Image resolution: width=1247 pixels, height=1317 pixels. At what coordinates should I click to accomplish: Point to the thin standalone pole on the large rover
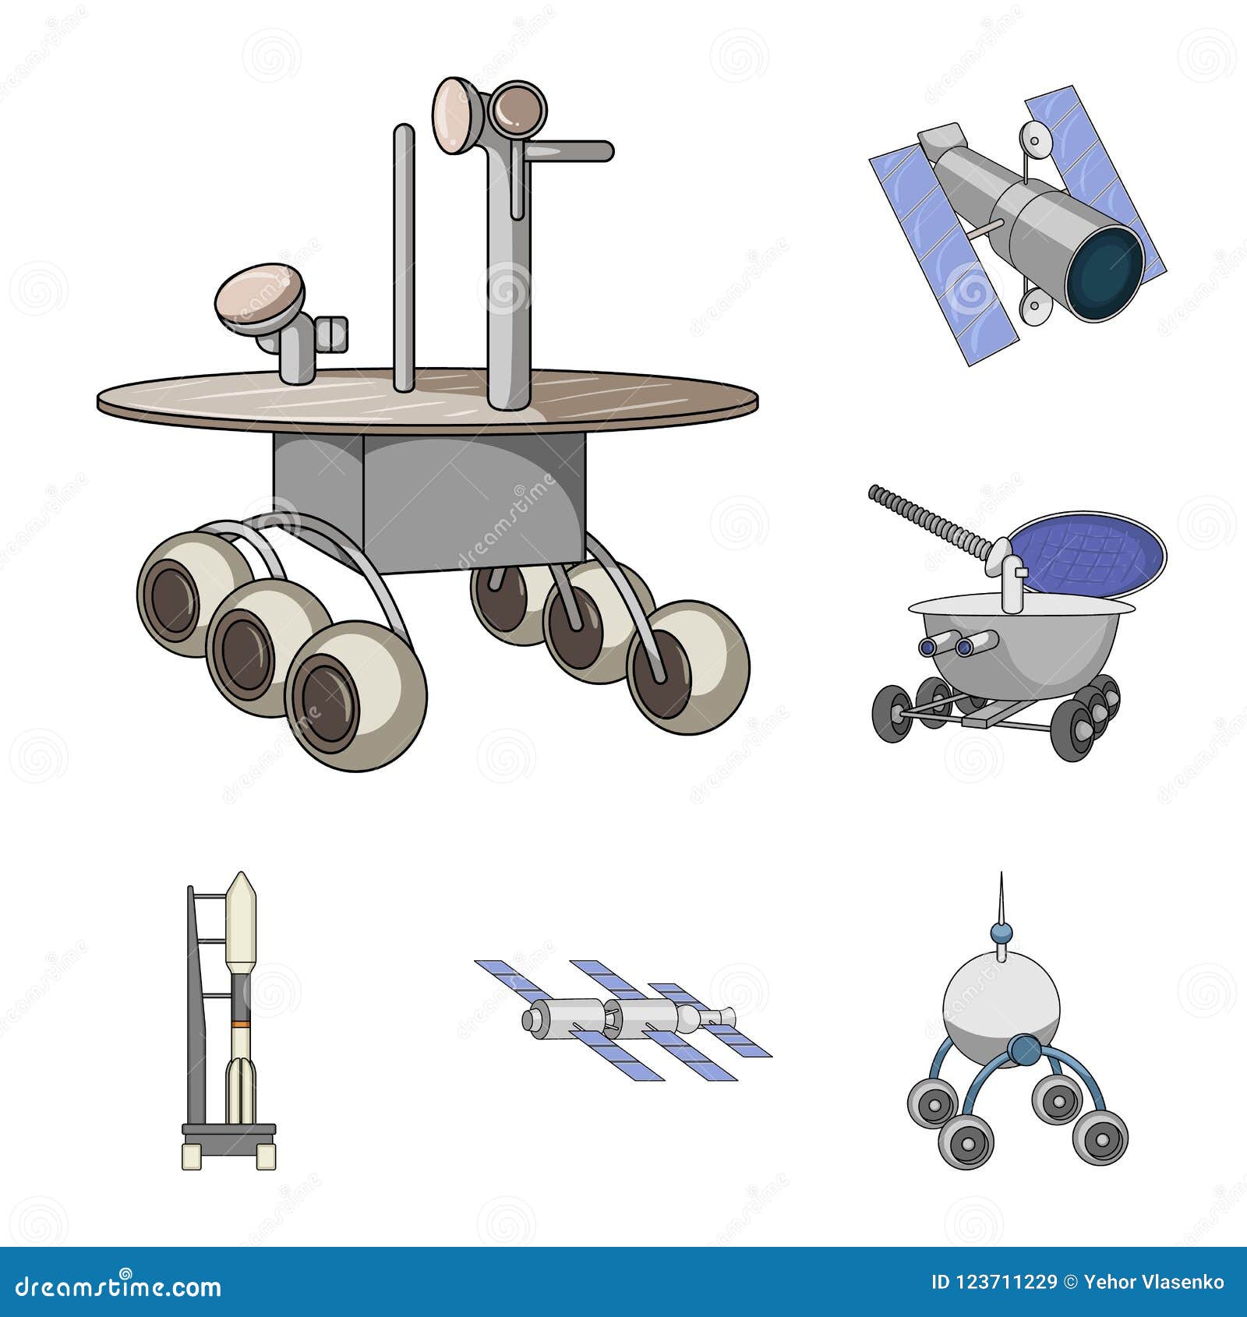tap(404, 257)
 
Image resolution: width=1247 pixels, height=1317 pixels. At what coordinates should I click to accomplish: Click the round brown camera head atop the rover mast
tap(515, 108)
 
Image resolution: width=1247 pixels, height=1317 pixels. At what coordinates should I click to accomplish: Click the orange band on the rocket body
tap(240, 1022)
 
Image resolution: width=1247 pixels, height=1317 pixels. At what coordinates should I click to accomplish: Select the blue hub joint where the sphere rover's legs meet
tap(1023, 1050)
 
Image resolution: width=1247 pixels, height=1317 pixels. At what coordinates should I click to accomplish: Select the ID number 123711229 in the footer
tap(1005, 1282)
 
